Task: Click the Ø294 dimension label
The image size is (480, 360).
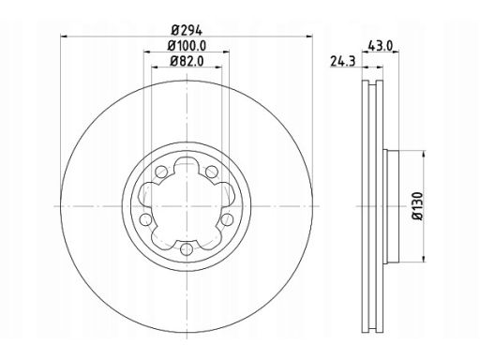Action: coord(187,30)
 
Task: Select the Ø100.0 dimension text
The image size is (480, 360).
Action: coord(187,46)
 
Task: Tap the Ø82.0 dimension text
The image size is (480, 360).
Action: coord(187,61)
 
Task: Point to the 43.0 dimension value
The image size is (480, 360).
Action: coord(380,46)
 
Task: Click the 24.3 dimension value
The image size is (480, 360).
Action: coord(343,62)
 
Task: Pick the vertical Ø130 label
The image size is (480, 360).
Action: coord(417,206)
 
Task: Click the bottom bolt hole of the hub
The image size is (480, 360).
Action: coord(187,249)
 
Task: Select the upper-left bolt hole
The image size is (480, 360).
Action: coord(161,172)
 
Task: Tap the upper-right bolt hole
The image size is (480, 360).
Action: coord(212,172)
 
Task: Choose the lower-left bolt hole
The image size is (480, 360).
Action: coord(145,219)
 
